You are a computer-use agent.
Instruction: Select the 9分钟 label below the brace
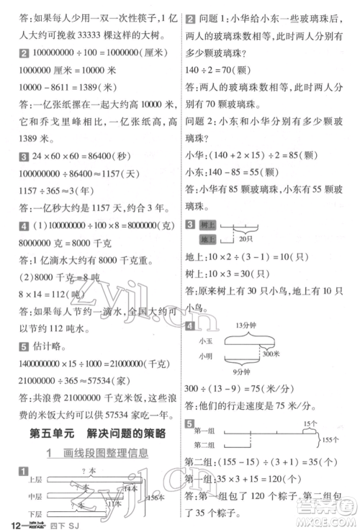245,372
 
